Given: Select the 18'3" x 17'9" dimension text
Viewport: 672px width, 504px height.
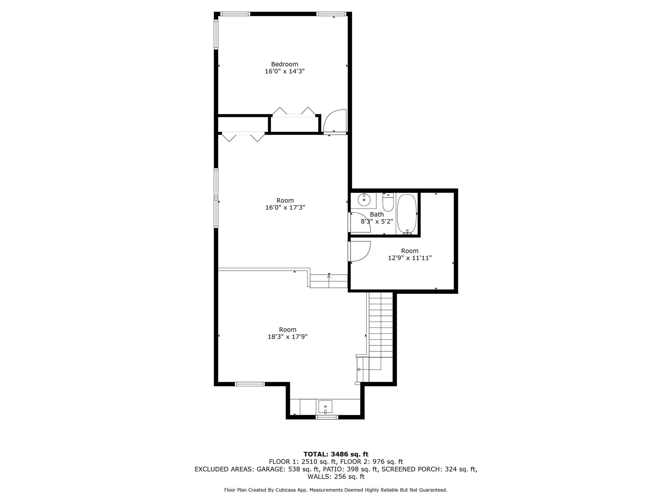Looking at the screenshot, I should (x=287, y=337).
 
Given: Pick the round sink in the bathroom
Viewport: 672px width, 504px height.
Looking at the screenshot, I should (x=364, y=200).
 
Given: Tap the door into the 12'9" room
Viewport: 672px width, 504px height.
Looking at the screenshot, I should (x=360, y=251).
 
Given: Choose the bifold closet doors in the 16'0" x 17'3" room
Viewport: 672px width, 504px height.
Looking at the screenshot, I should (x=243, y=137).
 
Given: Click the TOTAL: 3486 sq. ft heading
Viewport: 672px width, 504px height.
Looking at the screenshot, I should (x=336, y=454).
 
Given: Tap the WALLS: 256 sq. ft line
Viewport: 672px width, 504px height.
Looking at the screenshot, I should (x=336, y=476).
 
